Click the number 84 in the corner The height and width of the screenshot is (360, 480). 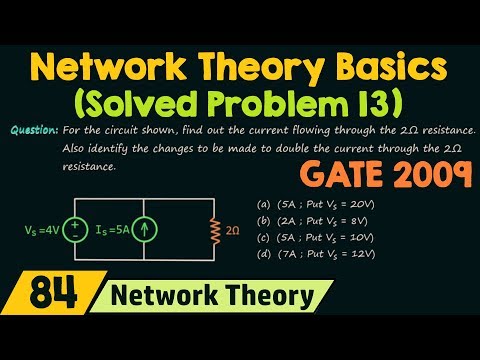(38, 323)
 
